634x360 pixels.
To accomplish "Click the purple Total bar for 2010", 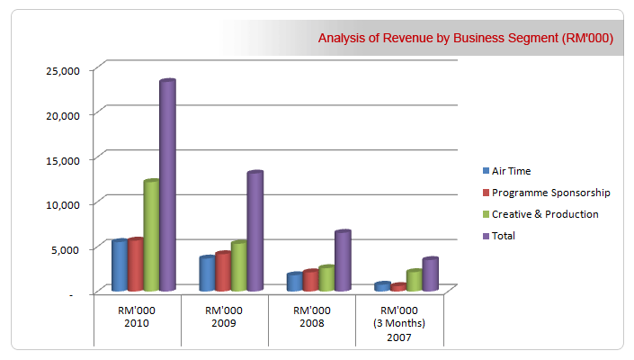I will click(167, 185).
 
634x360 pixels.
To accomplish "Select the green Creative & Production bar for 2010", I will click(151, 236).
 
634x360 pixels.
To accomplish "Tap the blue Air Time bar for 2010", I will click(119, 265).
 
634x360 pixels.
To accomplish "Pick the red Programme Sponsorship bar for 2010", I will click(135, 265).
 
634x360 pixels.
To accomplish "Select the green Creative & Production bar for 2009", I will click(238, 266).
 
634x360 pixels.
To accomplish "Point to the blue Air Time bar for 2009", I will click(207, 274).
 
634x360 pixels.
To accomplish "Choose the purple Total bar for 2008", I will click(342, 261).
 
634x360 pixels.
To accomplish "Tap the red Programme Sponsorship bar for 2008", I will click(310, 281).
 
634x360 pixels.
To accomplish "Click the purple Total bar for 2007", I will click(430, 274).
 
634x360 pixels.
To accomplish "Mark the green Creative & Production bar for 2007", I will click(414, 280).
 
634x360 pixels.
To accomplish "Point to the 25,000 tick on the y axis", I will click(64, 69).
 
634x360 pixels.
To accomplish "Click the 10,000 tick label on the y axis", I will click(64, 203).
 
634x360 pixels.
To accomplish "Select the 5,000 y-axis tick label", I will click(67, 248).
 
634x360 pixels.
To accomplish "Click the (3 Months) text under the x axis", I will click(400, 323).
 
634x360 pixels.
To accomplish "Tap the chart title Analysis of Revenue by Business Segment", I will click(465, 38).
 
